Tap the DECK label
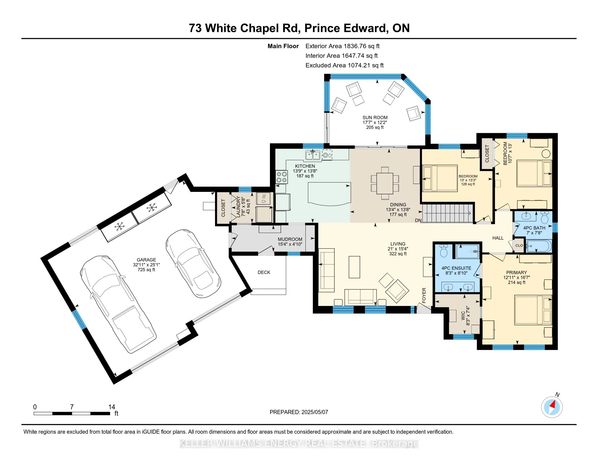click(264, 272)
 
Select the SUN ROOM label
click(375, 117)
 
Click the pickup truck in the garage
click(118, 304)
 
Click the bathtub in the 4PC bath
click(539, 246)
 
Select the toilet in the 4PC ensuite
click(444, 251)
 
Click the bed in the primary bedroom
click(533, 310)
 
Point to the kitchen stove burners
click(282, 177)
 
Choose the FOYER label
click(424, 295)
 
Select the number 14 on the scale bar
click(111, 407)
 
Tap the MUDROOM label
click(290, 239)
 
